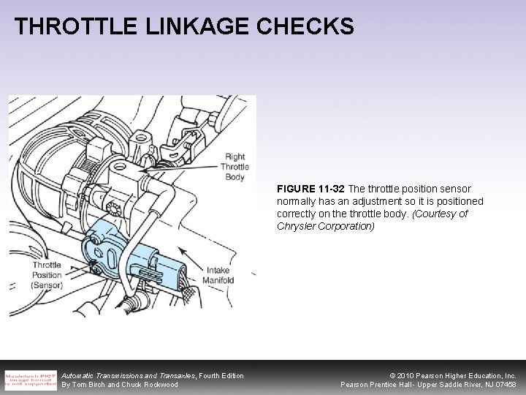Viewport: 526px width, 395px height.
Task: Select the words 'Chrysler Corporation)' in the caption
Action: (326, 227)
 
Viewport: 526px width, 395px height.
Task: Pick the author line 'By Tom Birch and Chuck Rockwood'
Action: (119, 385)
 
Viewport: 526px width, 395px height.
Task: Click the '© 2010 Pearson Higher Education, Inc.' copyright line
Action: (443, 375)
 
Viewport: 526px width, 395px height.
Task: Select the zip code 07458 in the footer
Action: (505, 385)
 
